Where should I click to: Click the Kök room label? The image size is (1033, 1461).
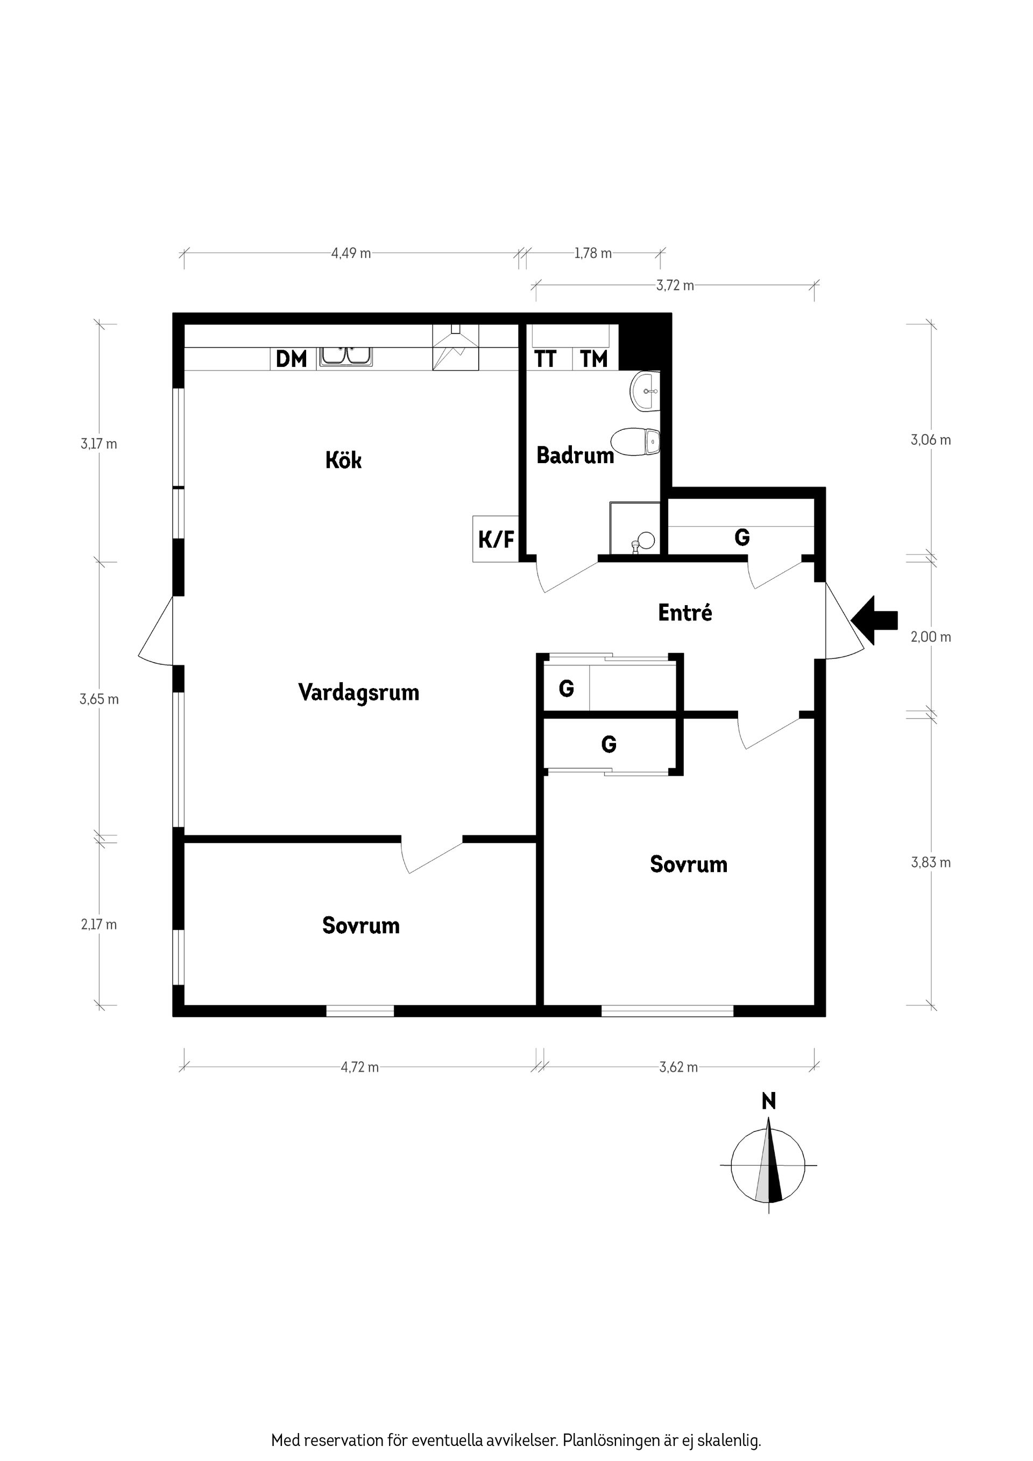click(x=343, y=460)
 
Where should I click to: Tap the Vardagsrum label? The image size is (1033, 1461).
click(x=358, y=692)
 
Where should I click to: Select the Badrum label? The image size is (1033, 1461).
click(x=575, y=455)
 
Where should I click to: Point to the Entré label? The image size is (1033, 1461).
click(x=685, y=613)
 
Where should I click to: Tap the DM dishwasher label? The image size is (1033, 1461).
click(x=292, y=359)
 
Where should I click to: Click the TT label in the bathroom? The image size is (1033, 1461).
click(x=546, y=359)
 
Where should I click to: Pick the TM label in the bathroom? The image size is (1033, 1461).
click(x=594, y=359)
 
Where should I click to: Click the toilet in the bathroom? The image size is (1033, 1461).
click(x=636, y=442)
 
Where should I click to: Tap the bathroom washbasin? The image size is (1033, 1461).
click(x=646, y=390)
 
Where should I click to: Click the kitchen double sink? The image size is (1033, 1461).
click(x=345, y=356)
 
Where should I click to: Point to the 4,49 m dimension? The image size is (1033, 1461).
click(x=351, y=253)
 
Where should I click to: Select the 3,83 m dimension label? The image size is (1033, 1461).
click(x=931, y=862)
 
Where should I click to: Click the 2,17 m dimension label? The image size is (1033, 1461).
click(x=98, y=925)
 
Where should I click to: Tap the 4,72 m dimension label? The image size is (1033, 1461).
click(x=359, y=1067)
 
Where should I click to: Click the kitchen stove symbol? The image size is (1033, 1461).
click(x=455, y=347)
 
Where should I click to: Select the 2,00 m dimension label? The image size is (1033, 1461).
click(x=931, y=637)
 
